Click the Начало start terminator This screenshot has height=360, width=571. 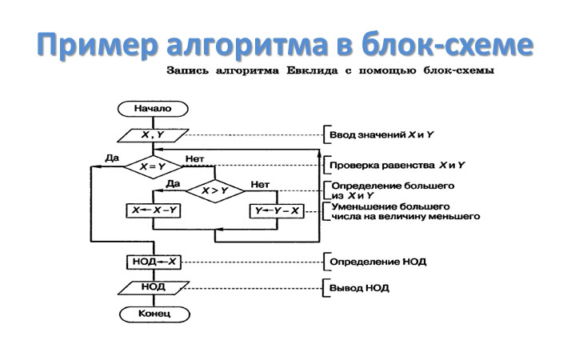[x=153, y=109]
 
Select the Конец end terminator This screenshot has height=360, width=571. [x=153, y=314]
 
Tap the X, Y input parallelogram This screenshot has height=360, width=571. [x=152, y=135]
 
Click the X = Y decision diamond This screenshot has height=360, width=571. [x=152, y=166]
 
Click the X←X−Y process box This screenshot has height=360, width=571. [x=154, y=210]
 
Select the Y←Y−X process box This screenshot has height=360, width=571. [x=277, y=210]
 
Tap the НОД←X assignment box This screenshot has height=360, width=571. [x=153, y=262]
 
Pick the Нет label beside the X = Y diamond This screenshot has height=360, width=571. [x=194, y=158]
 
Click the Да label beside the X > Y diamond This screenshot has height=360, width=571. [x=172, y=183]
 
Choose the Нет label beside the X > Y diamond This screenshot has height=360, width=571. [x=259, y=183]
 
